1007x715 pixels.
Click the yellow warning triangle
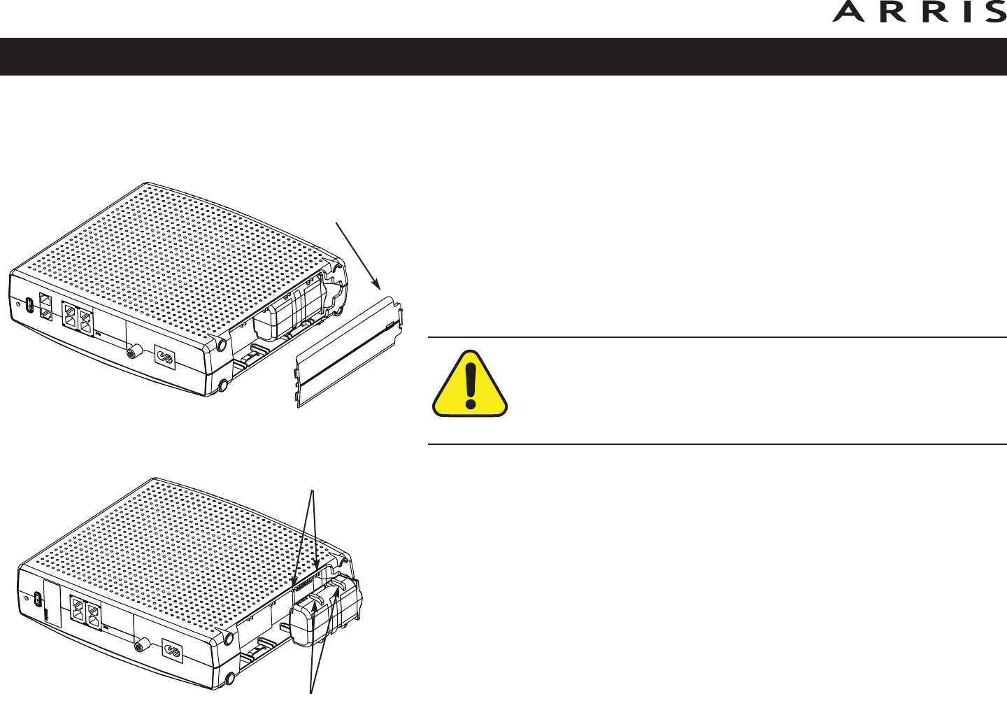pos(471,385)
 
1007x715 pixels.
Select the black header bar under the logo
pos(503,57)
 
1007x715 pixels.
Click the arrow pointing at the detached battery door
pos(358,255)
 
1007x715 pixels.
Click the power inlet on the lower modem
pos(171,651)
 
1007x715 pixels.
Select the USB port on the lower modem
pos(37,600)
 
